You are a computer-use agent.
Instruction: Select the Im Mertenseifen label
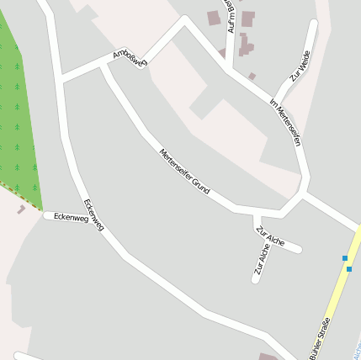(285, 122)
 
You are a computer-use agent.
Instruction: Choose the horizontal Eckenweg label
(70, 217)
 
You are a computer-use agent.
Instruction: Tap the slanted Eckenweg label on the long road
(94, 215)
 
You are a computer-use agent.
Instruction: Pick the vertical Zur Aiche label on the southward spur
(262, 259)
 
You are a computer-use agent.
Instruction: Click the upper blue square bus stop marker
(345, 257)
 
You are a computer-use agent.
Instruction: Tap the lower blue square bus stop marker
(349, 269)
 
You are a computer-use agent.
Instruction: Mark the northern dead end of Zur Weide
(314, 24)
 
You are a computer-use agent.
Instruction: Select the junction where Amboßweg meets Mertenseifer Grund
(104, 66)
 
